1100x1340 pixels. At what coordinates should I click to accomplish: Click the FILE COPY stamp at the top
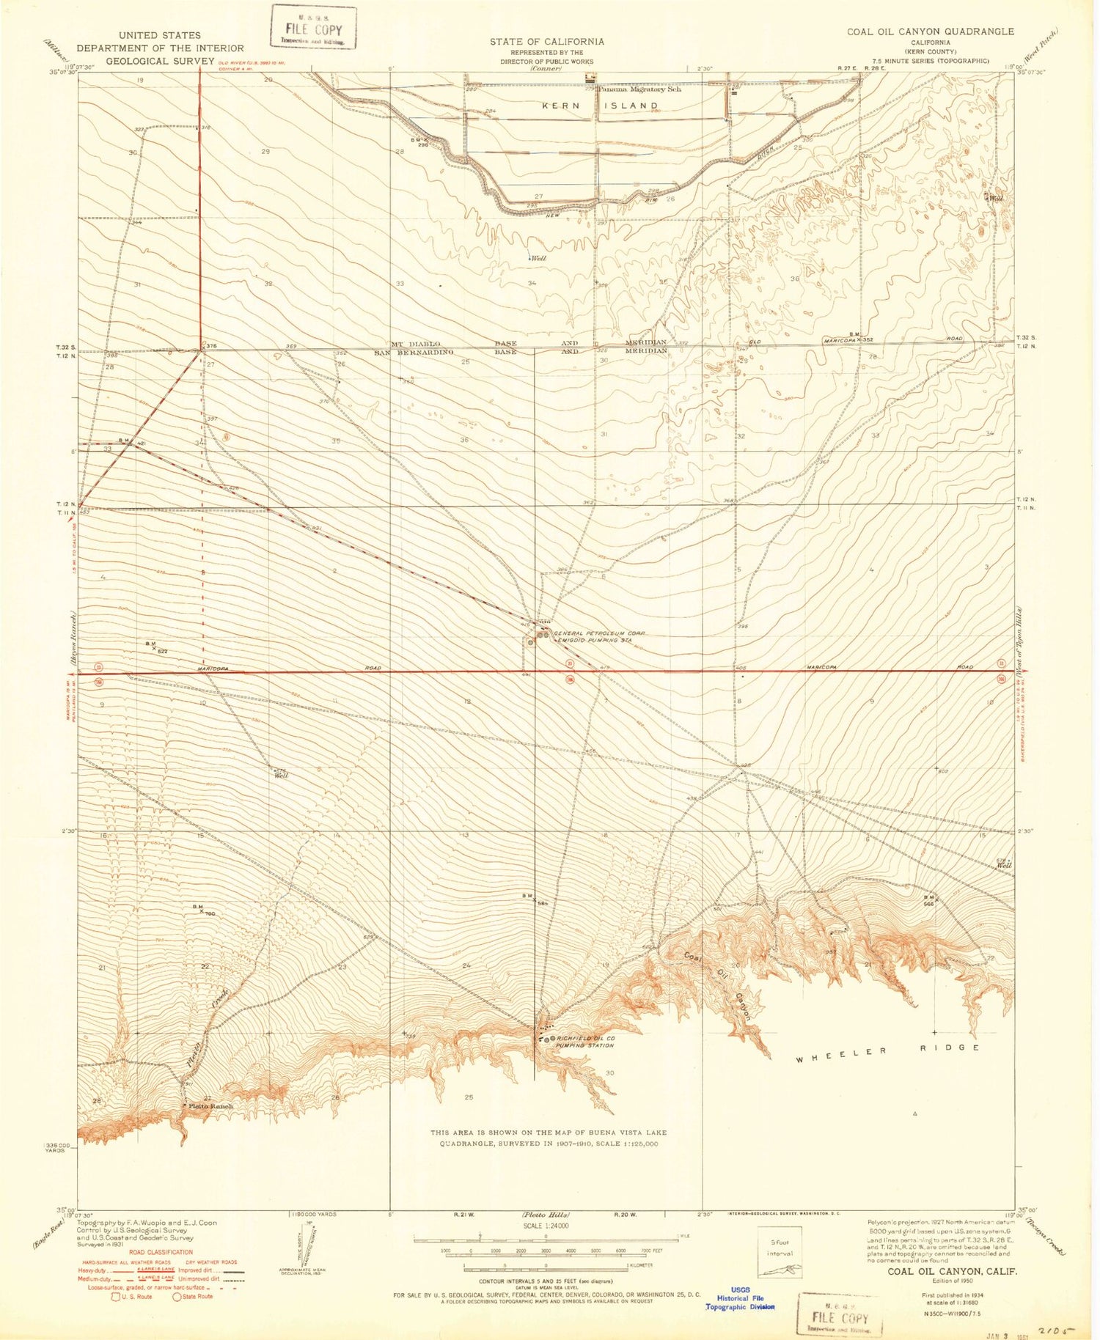[313, 28]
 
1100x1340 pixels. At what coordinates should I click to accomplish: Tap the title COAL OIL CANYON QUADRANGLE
[931, 32]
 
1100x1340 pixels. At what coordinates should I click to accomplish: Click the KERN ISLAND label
[601, 106]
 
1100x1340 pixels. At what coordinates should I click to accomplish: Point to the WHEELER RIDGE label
[888, 1049]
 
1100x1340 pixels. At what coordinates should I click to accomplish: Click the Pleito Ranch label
[211, 1106]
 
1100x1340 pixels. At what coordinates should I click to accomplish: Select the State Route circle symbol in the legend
[177, 1296]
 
